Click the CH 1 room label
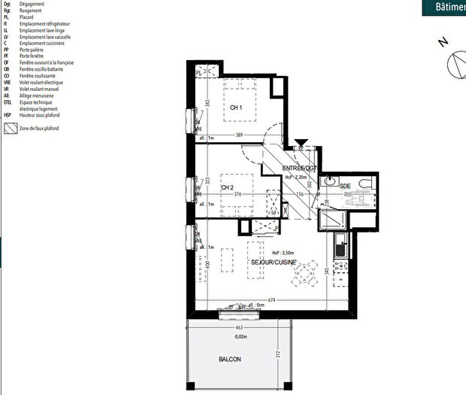235,108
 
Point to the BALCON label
231,360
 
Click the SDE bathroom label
345,185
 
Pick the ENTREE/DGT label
301,168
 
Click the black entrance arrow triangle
301,142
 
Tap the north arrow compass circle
458,65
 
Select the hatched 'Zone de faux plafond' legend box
10,129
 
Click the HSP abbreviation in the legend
8,115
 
